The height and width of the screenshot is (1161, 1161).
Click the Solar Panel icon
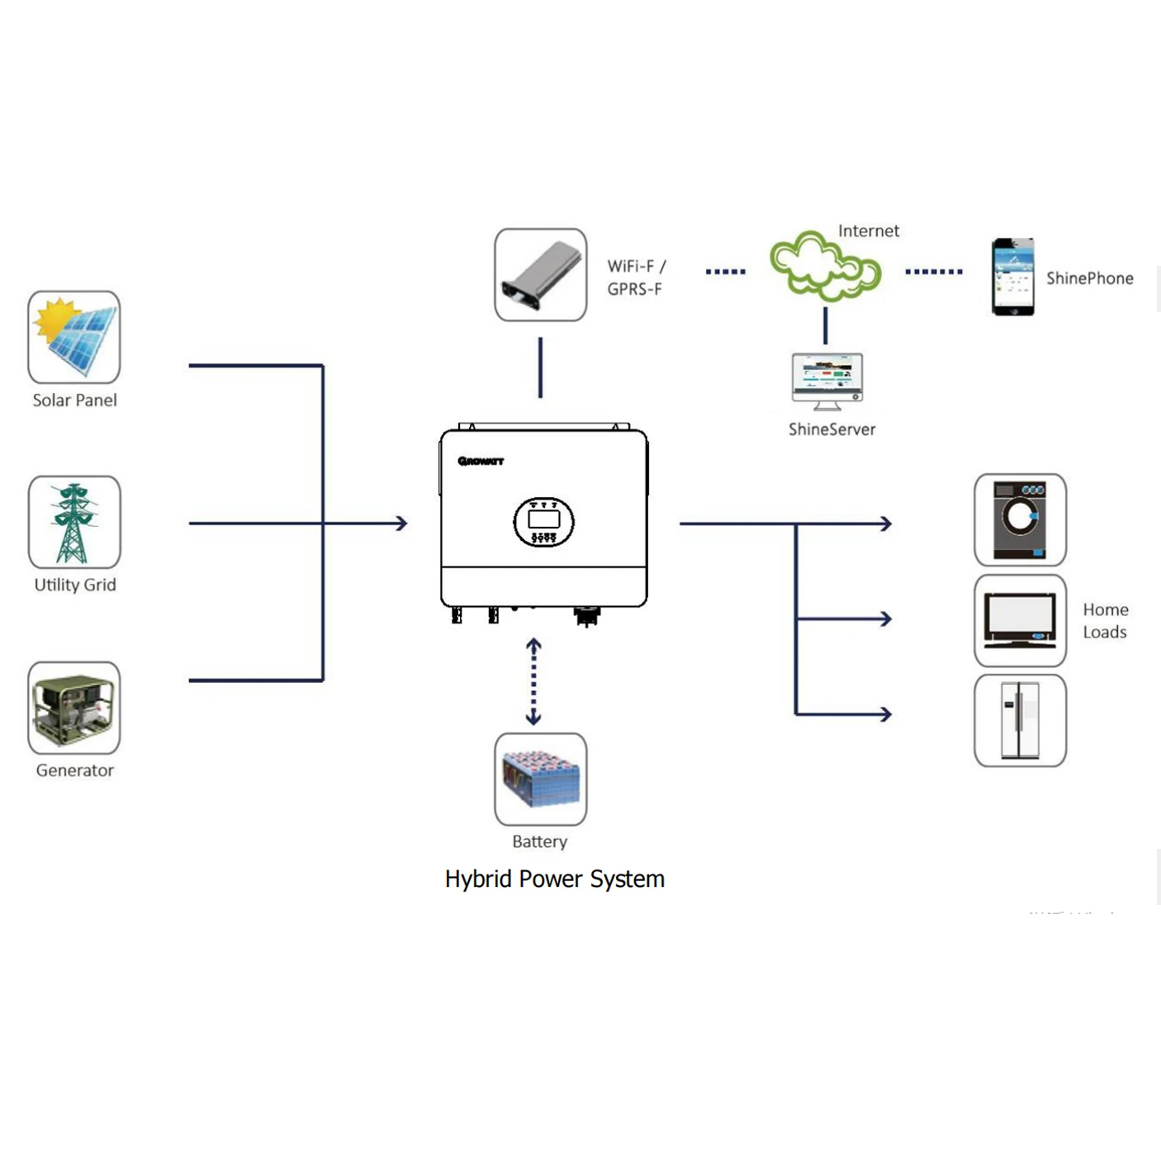pyautogui.click(x=74, y=337)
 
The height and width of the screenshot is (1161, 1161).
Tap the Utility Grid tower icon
pyautogui.click(x=74, y=522)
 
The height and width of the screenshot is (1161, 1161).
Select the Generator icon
pyautogui.click(x=74, y=708)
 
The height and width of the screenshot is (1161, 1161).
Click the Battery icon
pyautogui.click(x=541, y=779)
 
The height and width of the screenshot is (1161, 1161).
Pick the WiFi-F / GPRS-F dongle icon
pyautogui.click(x=541, y=275)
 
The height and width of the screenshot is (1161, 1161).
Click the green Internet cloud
pyautogui.click(x=825, y=266)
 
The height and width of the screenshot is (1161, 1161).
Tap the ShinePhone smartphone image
pyautogui.click(x=1012, y=277)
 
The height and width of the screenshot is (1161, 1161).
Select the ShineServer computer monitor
pyautogui.click(x=827, y=381)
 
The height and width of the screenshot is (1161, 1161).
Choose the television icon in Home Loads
pyautogui.click(x=1020, y=621)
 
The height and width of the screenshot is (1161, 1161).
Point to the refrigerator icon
pyautogui.click(x=1020, y=721)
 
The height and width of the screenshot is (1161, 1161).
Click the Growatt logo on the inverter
pyautogui.click(x=481, y=461)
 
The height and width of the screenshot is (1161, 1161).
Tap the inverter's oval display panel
pyautogui.click(x=543, y=522)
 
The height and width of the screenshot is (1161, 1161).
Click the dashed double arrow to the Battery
pyautogui.click(x=533, y=682)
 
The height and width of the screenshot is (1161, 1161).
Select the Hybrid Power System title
pyautogui.click(x=554, y=879)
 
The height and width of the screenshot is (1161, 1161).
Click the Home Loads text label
pyautogui.click(x=1105, y=621)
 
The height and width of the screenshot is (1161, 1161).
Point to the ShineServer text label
pyautogui.click(x=832, y=429)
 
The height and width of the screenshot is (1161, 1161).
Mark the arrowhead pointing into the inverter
pyautogui.click(x=401, y=523)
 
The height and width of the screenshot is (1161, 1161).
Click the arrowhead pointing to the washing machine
pyautogui.click(x=886, y=524)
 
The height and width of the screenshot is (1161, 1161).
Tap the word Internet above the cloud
pyautogui.click(x=868, y=231)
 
